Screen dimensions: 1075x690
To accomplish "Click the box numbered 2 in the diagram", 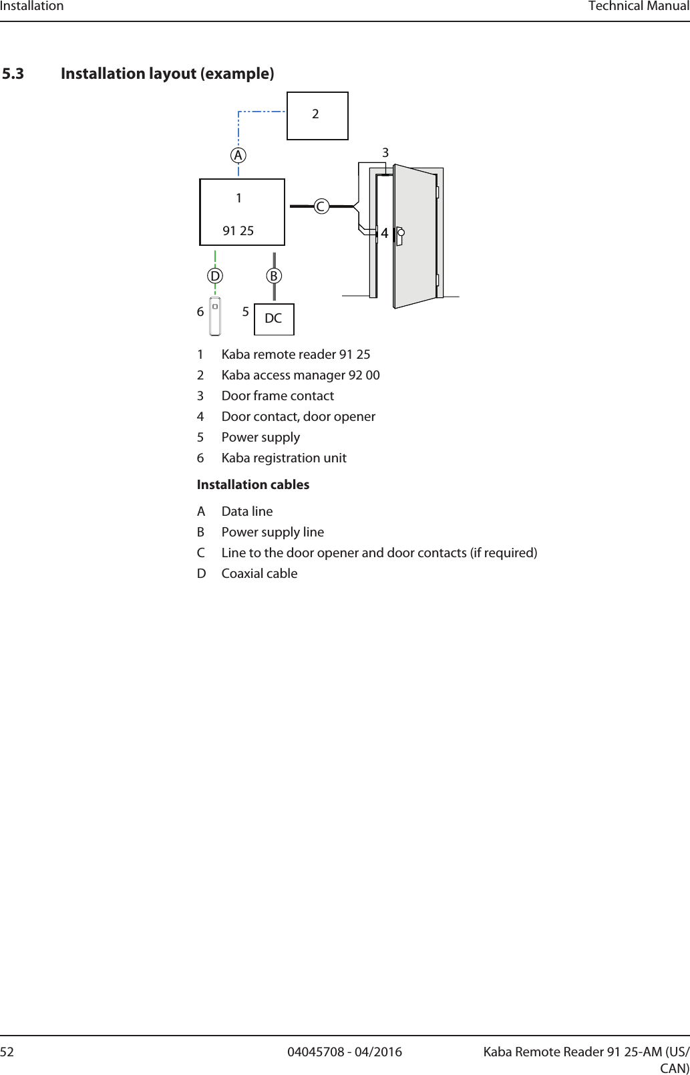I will point(317,116).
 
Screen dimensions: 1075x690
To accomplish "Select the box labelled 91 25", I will point(242,212).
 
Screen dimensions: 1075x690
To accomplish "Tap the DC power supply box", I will point(274,319).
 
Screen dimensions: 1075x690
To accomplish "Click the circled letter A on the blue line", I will point(238,155).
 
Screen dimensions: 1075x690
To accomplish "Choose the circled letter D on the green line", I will point(214,275).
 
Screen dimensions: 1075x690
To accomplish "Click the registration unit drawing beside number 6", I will point(215,316).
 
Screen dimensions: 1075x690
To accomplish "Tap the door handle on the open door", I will point(399,236).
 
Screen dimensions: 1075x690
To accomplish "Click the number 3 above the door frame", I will point(385,153).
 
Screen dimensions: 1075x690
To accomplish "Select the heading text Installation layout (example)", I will point(167,73).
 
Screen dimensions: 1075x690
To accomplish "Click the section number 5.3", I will point(13,73).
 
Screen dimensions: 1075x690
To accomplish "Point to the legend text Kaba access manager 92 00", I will point(301,375).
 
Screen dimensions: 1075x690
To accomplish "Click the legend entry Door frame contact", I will point(277,396).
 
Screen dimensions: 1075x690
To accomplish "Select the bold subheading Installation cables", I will point(253,484).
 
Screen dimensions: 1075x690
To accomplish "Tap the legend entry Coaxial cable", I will point(259,573).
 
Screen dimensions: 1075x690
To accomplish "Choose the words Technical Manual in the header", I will point(639,7).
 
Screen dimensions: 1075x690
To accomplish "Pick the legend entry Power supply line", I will point(273,532).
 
